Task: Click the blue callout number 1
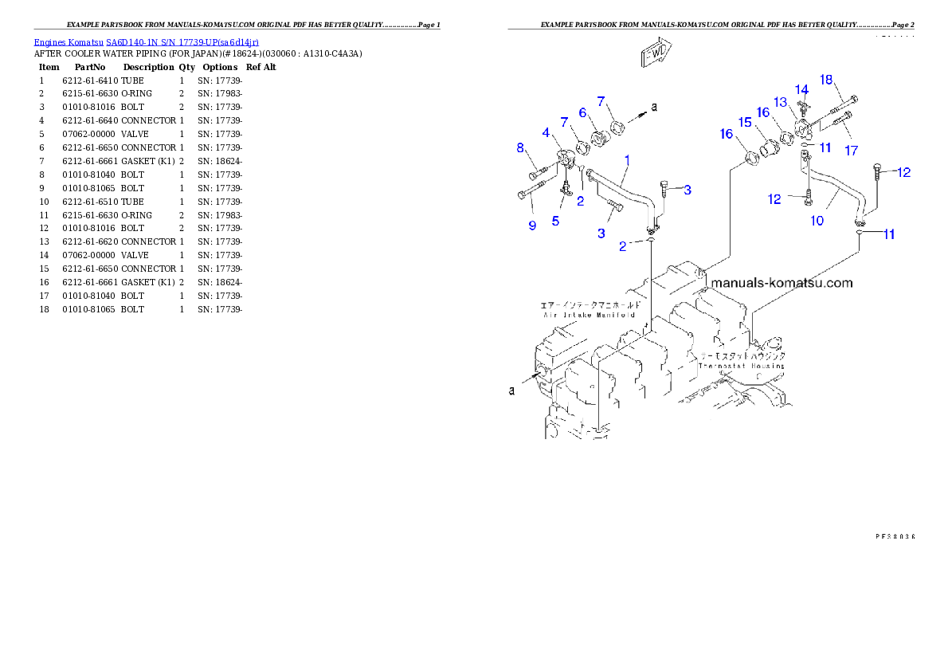tap(627, 160)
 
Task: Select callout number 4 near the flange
tap(546, 131)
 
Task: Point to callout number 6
tap(582, 113)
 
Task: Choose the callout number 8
tap(519, 147)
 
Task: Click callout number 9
tap(532, 226)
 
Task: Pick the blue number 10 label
tap(817, 221)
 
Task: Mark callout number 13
tap(780, 102)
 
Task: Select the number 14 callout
tap(801, 88)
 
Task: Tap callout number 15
tap(745, 122)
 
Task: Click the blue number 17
tap(852, 150)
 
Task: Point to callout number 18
tap(826, 79)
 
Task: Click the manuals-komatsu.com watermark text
tap(782, 283)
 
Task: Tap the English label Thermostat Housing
tap(741, 366)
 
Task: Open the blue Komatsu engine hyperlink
tap(146, 41)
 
